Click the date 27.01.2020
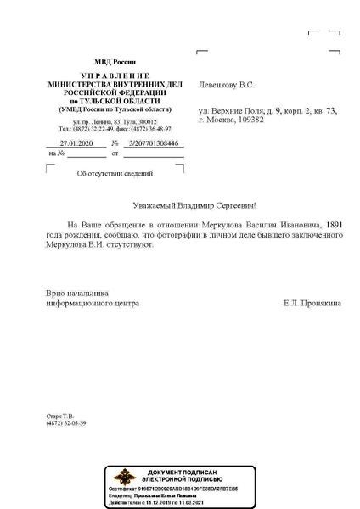[x=65, y=144]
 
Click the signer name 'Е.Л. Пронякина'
[x=314, y=302]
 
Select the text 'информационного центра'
[x=93, y=302]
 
